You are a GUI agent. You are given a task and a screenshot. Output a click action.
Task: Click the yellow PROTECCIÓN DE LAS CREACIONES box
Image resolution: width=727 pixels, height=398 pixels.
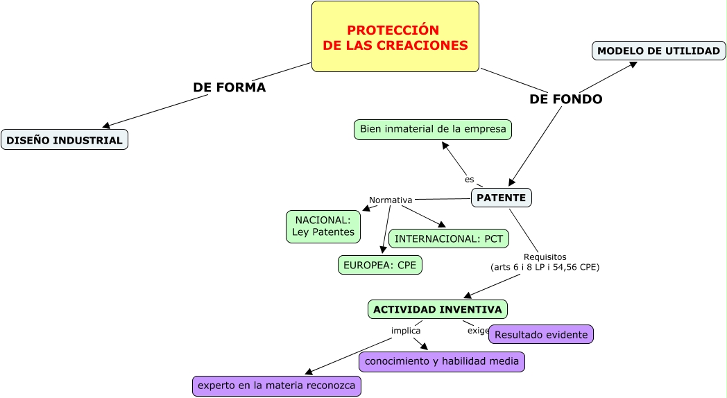coord(395,37)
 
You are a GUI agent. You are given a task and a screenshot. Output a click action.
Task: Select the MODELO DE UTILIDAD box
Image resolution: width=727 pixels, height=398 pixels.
coord(658,51)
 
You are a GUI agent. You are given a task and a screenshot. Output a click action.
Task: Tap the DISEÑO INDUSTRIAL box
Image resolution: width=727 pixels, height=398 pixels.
coord(65,140)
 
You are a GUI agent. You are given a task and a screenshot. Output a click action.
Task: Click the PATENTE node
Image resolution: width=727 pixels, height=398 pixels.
coord(501,198)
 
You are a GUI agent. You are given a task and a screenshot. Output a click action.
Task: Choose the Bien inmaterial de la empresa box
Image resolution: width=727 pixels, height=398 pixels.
coord(433,130)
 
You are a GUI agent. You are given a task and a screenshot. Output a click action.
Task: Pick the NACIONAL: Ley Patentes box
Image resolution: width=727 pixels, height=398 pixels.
coord(323,226)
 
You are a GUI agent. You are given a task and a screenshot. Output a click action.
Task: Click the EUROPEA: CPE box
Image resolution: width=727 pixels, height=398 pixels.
coord(379,265)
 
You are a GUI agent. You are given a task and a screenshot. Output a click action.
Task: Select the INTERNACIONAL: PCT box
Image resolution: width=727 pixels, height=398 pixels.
coord(449,239)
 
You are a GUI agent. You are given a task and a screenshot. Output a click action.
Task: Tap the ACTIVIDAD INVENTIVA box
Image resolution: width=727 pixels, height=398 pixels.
coord(437,309)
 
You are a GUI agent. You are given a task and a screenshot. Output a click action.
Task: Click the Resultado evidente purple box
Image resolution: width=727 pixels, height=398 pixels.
coord(541,334)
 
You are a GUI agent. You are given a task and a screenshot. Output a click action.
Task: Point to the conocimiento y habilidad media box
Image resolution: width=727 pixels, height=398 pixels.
coord(441,361)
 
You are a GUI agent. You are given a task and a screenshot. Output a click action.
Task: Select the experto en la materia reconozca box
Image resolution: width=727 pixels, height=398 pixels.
coord(276,386)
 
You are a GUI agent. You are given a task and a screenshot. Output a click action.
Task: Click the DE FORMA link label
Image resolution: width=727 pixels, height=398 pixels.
coord(229,87)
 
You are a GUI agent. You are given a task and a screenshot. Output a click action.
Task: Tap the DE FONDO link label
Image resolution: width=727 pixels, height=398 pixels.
coord(565,99)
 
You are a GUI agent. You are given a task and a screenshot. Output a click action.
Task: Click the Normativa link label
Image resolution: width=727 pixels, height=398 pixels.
coord(391,200)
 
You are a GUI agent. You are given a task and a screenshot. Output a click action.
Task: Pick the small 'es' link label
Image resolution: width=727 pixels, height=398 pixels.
coord(470,180)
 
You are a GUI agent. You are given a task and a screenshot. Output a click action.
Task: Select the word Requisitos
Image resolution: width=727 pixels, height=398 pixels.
coord(545,257)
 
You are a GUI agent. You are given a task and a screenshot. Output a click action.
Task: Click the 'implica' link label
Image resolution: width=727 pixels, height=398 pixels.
coord(406,331)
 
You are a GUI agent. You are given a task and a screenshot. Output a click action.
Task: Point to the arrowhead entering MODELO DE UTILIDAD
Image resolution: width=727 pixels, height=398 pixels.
coord(633,64)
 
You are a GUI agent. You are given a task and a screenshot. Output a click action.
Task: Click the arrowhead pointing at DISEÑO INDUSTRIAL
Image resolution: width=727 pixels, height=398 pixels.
coord(106,126)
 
